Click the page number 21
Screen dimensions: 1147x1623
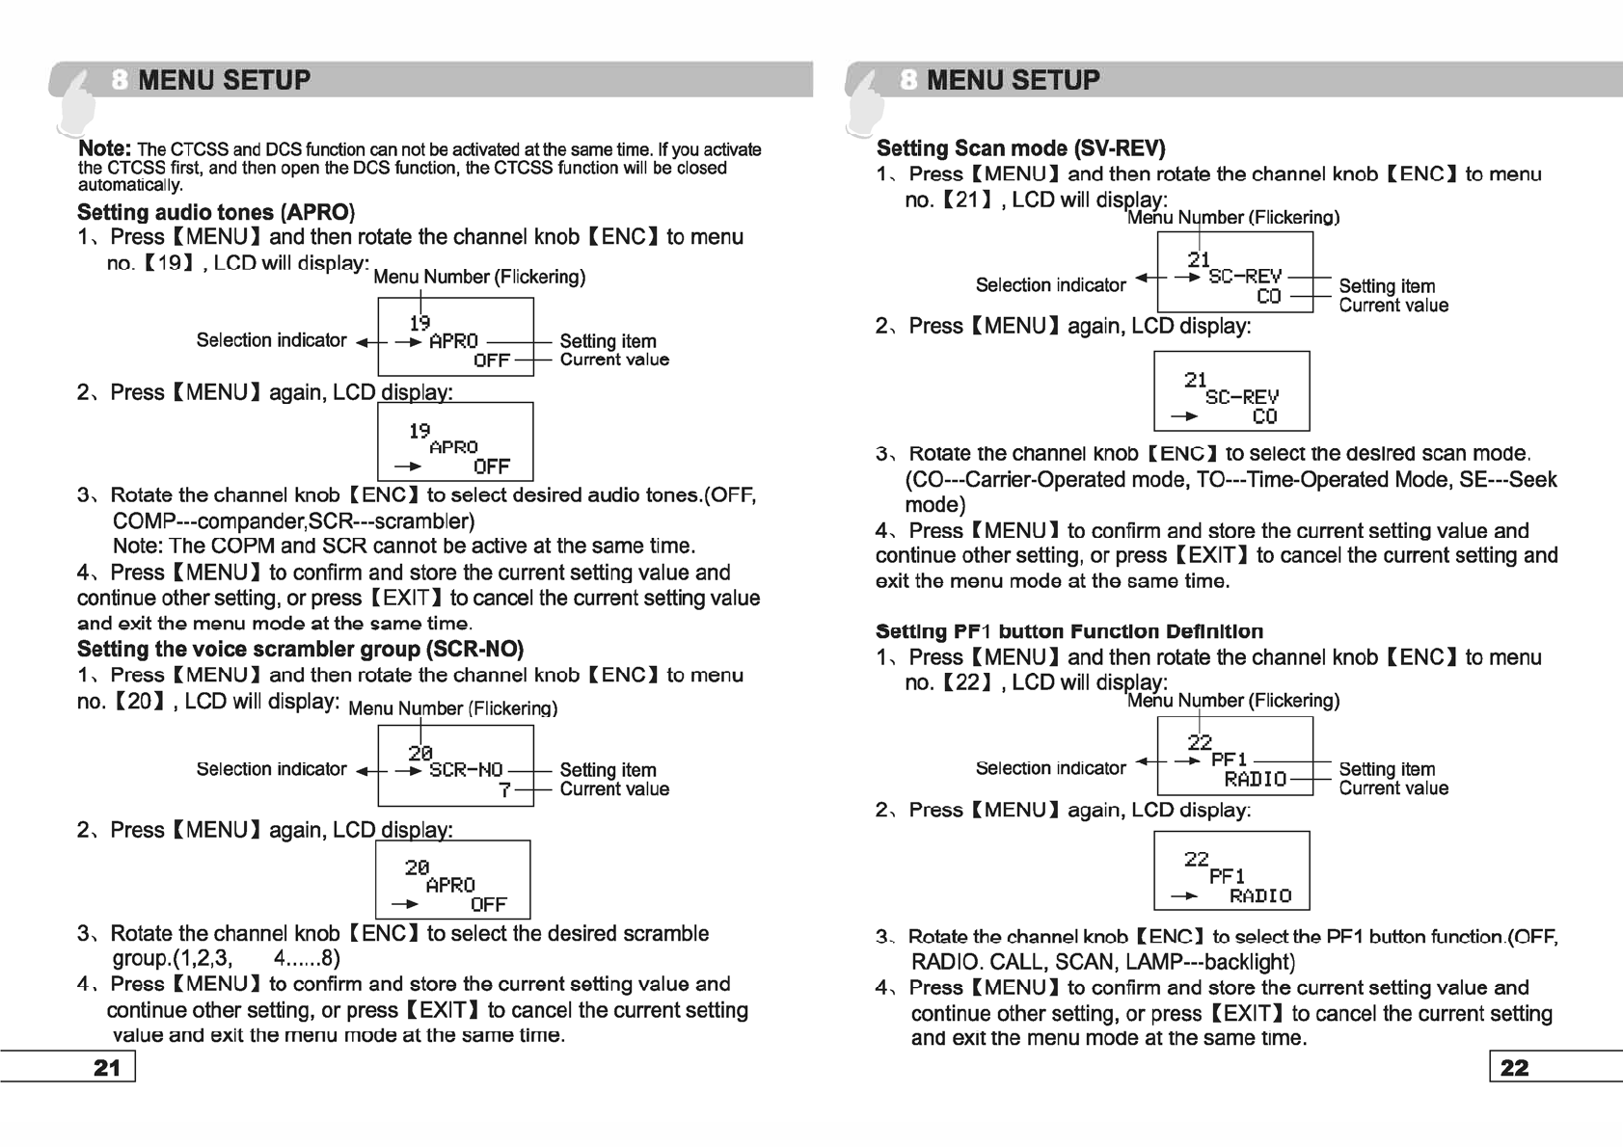[x=107, y=1067]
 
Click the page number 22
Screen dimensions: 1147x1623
[x=1514, y=1067]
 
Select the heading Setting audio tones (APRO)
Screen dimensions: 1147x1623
[x=216, y=212]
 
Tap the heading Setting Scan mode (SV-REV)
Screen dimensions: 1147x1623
[x=1020, y=148]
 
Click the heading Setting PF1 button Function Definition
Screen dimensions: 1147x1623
[x=1068, y=631]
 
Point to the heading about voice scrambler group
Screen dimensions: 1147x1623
[x=300, y=649]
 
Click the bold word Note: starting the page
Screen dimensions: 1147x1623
[x=104, y=148]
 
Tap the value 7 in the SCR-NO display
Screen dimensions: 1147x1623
[x=503, y=789]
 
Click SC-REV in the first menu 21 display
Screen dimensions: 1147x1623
[x=1245, y=277]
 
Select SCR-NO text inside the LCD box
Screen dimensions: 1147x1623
[x=466, y=770]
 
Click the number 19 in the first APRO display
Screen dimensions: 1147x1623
[x=419, y=323]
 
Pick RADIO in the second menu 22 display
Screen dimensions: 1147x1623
[x=1259, y=896]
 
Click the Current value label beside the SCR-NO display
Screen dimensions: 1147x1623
[x=614, y=789]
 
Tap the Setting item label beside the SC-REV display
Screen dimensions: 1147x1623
[x=1387, y=286]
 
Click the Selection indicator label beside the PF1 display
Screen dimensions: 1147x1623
[x=1050, y=768]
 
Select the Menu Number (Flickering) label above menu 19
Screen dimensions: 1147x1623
[x=479, y=278]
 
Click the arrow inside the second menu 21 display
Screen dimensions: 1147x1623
[x=1184, y=417]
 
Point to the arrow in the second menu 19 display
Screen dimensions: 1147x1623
[x=408, y=467]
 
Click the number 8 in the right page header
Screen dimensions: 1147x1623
[x=908, y=80]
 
